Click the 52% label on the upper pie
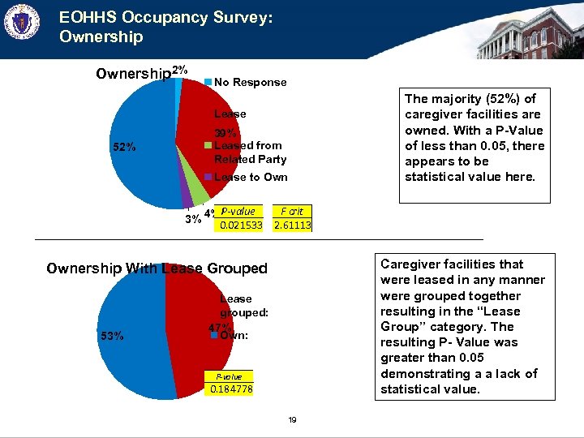(x=125, y=148)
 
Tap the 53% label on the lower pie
(x=112, y=336)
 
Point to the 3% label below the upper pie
(x=193, y=219)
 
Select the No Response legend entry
(x=250, y=82)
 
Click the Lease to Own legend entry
(x=250, y=177)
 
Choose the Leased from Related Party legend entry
(x=250, y=152)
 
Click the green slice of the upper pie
(x=199, y=194)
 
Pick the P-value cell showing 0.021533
(x=241, y=225)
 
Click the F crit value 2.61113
(x=293, y=225)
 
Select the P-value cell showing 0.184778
(x=232, y=390)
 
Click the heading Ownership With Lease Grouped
(x=157, y=268)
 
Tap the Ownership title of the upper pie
(x=133, y=75)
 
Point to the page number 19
(x=292, y=419)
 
